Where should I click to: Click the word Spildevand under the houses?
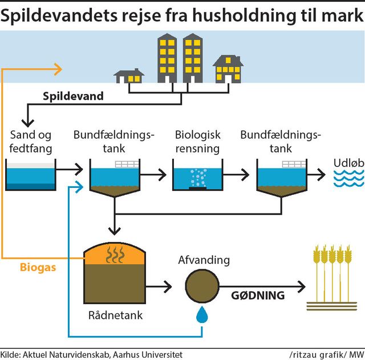coord(73,96)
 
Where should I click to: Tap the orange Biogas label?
coord(38,267)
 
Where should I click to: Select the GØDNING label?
coord(258,295)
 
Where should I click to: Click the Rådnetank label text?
coord(115,315)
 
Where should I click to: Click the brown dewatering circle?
coord(202,284)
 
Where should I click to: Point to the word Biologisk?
coord(197,136)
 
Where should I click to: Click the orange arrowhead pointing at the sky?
coord(57,69)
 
